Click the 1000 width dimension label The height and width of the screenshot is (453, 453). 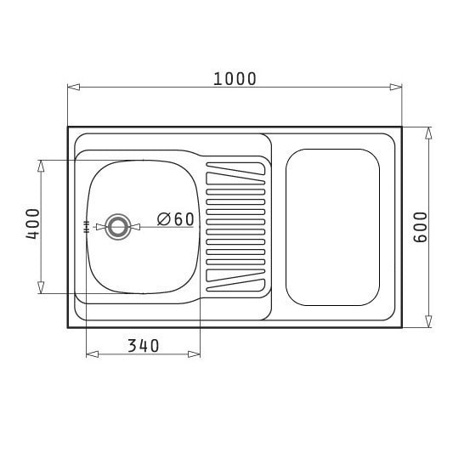[235, 79]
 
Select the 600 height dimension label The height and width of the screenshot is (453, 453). [421, 227]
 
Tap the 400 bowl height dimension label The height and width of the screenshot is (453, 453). [32, 224]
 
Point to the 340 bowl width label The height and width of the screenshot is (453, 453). [144, 346]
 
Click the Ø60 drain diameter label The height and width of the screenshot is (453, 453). [175, 219]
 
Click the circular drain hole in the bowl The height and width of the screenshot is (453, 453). [118, 227]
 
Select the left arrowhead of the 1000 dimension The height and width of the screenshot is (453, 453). [74, 87]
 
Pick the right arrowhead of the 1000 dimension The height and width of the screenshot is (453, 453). [395, 87]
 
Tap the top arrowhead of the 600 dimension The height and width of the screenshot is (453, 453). [428, 133]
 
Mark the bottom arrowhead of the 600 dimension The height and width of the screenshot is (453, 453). [428, 321]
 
